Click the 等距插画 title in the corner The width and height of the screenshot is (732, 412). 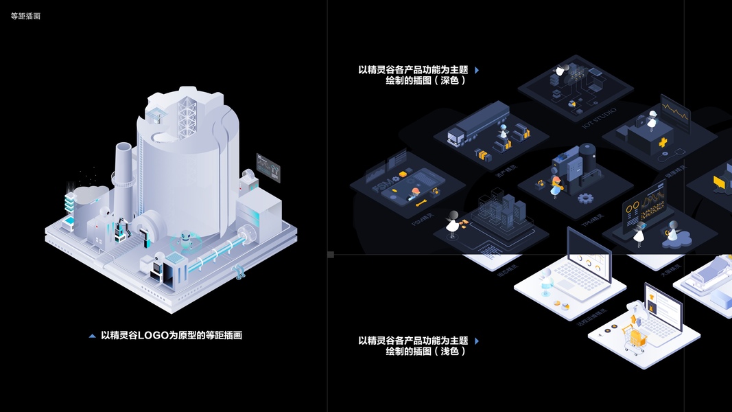coord(25,16)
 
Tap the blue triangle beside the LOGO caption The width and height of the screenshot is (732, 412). coord(93,336)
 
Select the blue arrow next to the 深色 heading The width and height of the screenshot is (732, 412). coord(477,70)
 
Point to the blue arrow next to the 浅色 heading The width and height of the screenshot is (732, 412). coord(477,341)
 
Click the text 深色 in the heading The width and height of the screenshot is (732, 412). coord(449,80)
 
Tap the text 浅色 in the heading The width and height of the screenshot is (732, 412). coord(449,351)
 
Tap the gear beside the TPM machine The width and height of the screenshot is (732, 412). coord(585,198)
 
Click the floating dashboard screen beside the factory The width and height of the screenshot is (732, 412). coord(268,167)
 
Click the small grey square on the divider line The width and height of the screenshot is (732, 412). coord(331,255)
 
